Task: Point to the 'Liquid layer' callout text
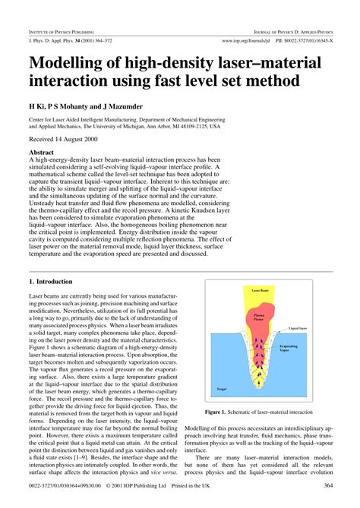(x=297, y=328)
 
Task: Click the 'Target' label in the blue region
(x=222, y=388)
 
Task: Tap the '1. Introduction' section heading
(x=54, y=282)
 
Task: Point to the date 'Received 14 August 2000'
(x=65, y=140)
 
